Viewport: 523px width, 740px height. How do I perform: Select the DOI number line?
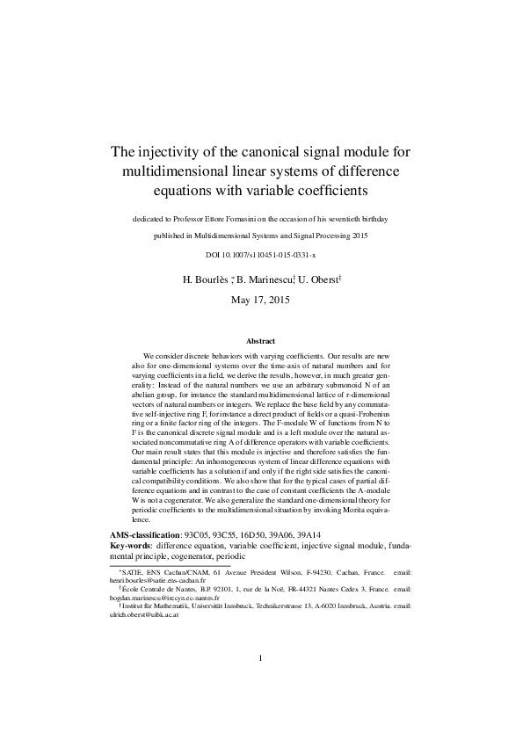(x=260, y=254)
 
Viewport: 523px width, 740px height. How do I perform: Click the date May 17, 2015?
(x=260, y=300)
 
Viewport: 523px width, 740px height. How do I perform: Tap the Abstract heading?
(x=260, y=341)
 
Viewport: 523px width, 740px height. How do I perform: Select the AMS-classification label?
(x=144, y=534)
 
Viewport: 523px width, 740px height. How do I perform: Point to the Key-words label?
(x=130, y=546)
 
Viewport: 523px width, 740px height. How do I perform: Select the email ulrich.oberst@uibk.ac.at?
(x=143, y=616)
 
